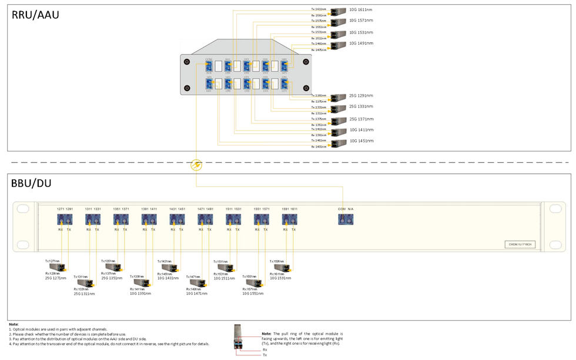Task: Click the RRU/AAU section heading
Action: point(35,15)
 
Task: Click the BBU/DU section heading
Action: point(31,183)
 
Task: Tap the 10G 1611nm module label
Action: point(360,10)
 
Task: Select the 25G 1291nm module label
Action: point(361,96)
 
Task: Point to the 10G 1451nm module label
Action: point(361,141)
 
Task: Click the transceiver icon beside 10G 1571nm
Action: point(339,22)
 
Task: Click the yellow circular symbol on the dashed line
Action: point(196,166)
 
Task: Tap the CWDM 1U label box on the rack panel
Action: point(520,244)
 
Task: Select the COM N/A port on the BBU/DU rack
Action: point(346,220)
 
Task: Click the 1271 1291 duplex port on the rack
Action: point(65,220)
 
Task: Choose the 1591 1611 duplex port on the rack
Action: point(290,220)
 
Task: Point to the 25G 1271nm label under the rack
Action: point(56,278)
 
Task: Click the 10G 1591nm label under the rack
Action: point(280,278)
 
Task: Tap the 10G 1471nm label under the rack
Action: point(197,293)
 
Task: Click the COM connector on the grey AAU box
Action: point(209,66)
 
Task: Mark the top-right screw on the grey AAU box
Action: point(306,62)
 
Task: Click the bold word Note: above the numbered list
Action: point(14,324)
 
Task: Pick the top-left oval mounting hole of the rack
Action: point(23,208)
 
